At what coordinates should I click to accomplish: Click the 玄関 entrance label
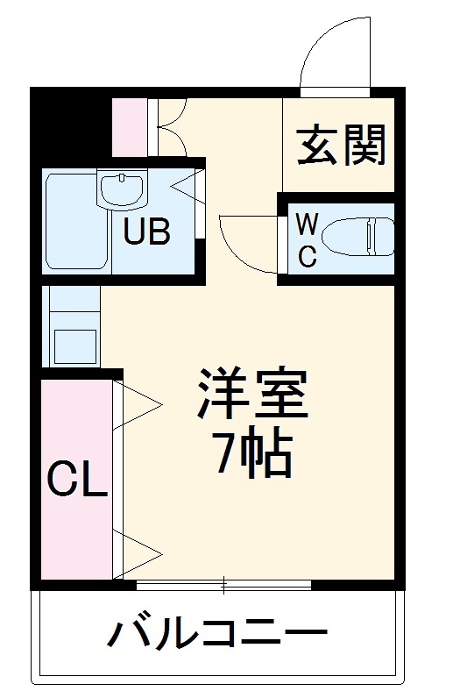coord(341,145)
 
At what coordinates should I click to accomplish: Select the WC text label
coord(306,239)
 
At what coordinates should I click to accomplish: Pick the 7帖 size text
coord(254,454)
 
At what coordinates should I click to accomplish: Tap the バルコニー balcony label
coord(218,633)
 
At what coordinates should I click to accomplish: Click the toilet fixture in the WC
coord(355,238)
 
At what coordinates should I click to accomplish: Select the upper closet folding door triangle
coord(138,404)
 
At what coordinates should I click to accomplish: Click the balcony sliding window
coord(224,583)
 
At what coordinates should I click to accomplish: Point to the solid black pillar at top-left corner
coord(70,123)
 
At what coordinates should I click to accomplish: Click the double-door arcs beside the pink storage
coord(171,127)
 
